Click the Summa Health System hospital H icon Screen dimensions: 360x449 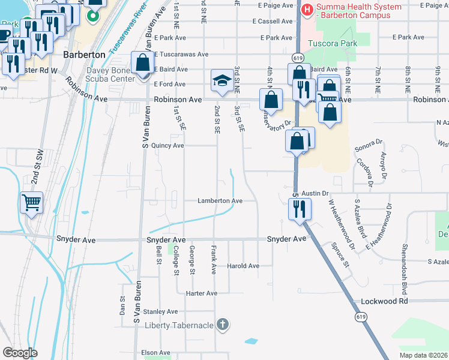[x=307, y=9]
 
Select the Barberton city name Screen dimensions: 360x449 [x=84, y=55]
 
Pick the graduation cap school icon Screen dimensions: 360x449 [x=221, y=81]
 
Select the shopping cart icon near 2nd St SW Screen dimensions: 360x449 [x=31, y=202]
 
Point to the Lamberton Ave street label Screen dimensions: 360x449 [x=220, y=201]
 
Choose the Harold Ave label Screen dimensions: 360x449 [x=243, y=266]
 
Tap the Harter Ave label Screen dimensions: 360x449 [x=202, y=293]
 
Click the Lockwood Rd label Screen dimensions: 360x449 [x=384, y=301]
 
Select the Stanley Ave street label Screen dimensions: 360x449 [x=160, y=311]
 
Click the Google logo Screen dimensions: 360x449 [x=20, y=353]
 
